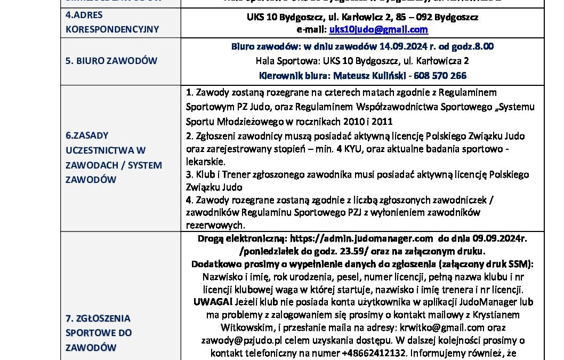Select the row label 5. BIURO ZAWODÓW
[112, 60]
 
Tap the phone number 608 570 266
[441, 75]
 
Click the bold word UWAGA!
[210, 302]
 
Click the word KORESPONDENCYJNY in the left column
[112, 29]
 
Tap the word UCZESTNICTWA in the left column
[106, 150]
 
